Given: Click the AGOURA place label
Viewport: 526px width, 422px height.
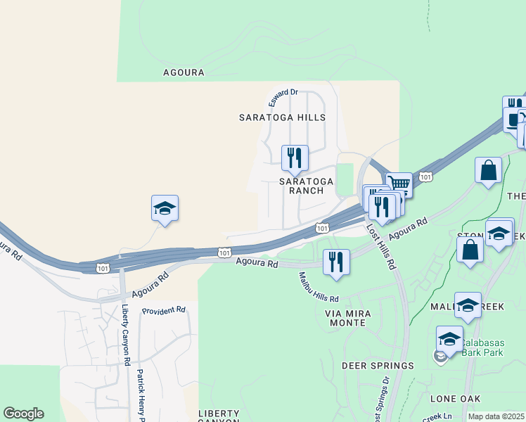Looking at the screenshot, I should (x=184, y=72).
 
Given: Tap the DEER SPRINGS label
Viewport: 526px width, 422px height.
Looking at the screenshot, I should (x=378, y=366).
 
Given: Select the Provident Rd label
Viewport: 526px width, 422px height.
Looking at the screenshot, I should (x=163, y=310).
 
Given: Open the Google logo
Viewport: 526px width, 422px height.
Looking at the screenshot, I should (x=23, y=414).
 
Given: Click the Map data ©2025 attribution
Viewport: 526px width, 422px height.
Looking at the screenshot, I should (x=496, y=416).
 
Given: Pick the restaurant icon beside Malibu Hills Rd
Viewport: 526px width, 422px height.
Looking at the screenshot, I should (x=336, y=262).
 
